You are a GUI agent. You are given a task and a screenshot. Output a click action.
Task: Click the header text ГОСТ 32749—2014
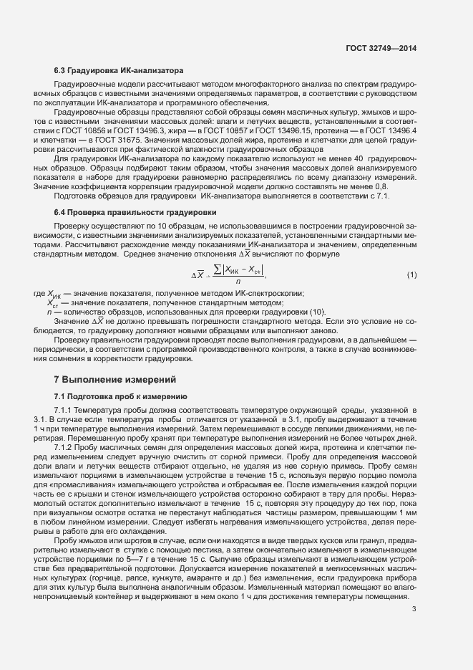click(381, 48)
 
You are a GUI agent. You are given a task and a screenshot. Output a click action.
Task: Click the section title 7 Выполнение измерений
click(114, 379)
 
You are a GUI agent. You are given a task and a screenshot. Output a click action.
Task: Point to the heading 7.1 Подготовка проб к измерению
click(120, 396)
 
